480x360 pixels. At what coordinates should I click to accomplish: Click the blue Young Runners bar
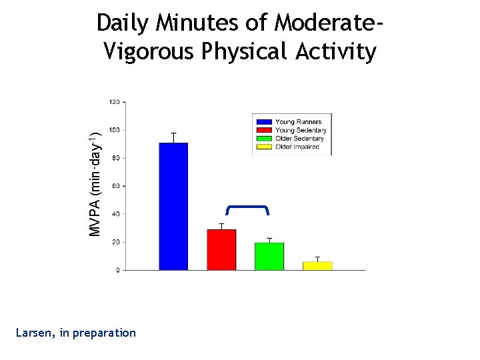173,207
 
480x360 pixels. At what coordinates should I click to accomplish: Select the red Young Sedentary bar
221,250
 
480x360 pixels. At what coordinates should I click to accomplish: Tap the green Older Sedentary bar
269,257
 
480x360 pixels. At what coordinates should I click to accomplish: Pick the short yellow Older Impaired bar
317,265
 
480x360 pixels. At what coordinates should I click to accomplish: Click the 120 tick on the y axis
114,102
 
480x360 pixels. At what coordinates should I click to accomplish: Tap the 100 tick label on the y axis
114,130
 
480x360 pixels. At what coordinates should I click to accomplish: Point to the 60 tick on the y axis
115,186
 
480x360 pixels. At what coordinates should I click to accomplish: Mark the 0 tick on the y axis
117,270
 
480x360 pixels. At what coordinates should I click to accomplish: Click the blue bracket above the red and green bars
247,206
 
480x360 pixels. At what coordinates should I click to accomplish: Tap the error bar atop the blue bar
173,137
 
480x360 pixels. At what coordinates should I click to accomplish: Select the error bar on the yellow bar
317,259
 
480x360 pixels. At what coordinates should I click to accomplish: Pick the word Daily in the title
123,23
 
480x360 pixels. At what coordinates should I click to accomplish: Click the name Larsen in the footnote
37,333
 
